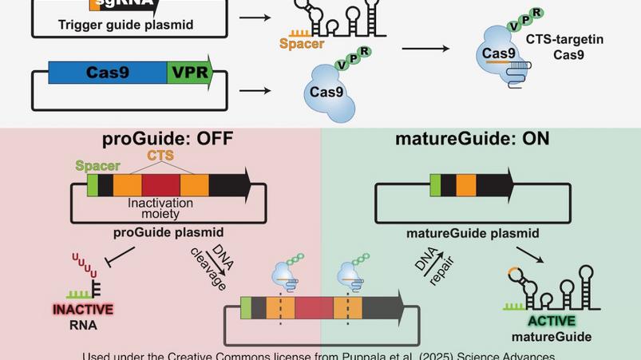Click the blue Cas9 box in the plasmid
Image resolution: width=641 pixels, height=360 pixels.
(x=107, y=73)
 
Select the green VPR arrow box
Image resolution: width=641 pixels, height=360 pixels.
(x=190, y=73)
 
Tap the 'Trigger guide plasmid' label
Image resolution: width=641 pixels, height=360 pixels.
(x=125, y=25)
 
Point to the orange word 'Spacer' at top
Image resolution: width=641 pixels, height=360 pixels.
(x=302, y=44)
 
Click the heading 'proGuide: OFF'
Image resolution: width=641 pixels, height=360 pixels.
(x=168, y=138)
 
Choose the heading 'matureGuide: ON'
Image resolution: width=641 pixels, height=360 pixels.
(x=472, y=138)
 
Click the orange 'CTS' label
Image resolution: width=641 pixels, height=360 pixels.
(x=160, y=156)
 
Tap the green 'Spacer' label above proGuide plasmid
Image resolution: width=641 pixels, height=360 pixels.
(x=97, y=166)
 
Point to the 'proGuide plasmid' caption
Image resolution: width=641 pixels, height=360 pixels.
(x=168, y=233)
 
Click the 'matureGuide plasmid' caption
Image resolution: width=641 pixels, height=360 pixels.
(x=473, y=234)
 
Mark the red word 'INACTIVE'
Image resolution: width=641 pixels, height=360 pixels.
(x=83, y=310)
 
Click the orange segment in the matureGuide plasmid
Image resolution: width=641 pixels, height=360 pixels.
(x=466, y=184)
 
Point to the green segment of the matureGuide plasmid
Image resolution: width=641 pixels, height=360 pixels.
(x=435, y=184)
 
